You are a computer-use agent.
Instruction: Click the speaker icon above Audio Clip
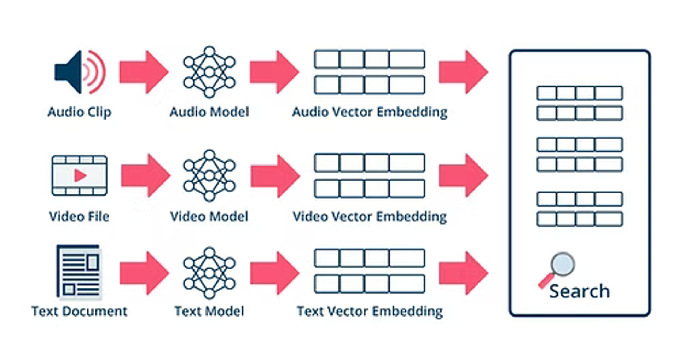tap(80, 72)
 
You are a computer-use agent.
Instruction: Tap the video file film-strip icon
tap(80, 175)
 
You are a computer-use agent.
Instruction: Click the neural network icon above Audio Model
tap(209, 72)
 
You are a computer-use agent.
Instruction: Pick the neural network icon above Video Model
tap(209, 175)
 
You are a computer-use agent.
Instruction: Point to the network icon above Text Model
tap(209, 273)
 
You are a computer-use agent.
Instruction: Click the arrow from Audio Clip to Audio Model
tap(144, 72)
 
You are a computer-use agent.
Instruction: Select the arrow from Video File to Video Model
tap(145, 175)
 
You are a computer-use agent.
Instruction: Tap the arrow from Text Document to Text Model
tap(144, 273)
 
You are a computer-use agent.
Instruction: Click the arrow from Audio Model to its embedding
tap(274, 72)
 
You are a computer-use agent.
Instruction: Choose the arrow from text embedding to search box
tap(464, 273)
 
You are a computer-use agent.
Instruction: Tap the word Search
tap(579, 291)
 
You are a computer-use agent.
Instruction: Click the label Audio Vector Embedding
tap(370, 112)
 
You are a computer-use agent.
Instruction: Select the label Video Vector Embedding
tap(370, 216)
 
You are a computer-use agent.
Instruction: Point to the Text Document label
tap(79, 311)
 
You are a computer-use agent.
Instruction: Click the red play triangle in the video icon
tap(80, 175)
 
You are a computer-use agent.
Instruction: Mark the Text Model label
tap(209, 311)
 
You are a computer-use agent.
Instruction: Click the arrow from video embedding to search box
tap(464, 175)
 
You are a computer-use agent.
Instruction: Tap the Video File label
tap(79, 216)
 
